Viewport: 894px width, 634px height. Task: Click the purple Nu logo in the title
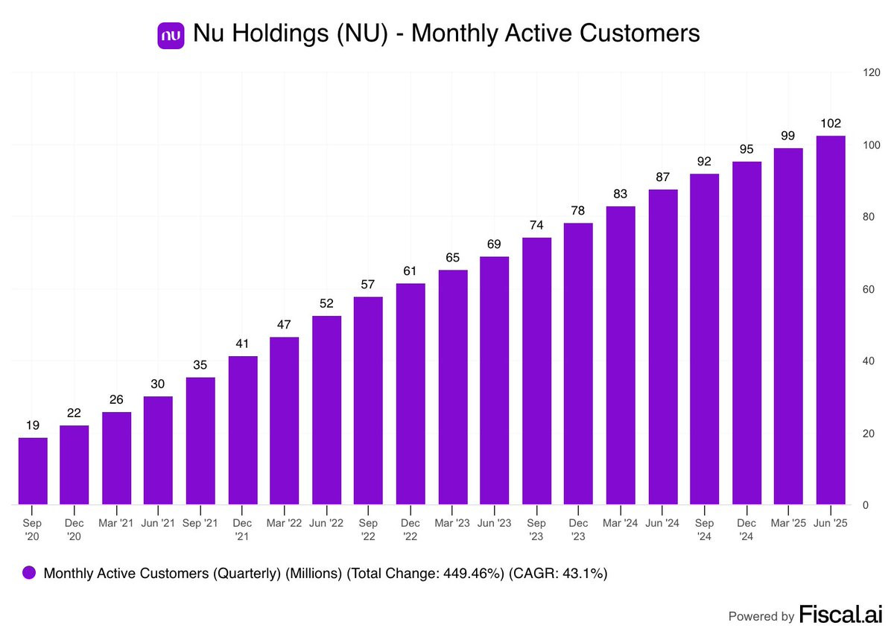coord(171,34)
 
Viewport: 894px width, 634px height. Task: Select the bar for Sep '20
coord(33,471)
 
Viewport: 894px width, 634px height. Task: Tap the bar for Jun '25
coord(831,320)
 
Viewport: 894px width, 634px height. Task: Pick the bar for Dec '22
coord(410,394)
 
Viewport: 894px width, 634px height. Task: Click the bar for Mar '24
coord(621,355)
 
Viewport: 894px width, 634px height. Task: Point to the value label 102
coord(831,124)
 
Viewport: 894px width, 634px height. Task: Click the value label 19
coord(33,425)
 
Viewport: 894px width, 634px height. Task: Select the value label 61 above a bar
coord(410,271)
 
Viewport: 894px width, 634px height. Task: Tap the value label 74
coord(536,225)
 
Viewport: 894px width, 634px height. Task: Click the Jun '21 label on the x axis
coord(158,524)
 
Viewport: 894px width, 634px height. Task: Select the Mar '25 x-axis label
coord(788,524)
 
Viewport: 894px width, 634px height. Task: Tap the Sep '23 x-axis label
coord(536,529)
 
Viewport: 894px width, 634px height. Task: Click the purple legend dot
coord(29,573)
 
